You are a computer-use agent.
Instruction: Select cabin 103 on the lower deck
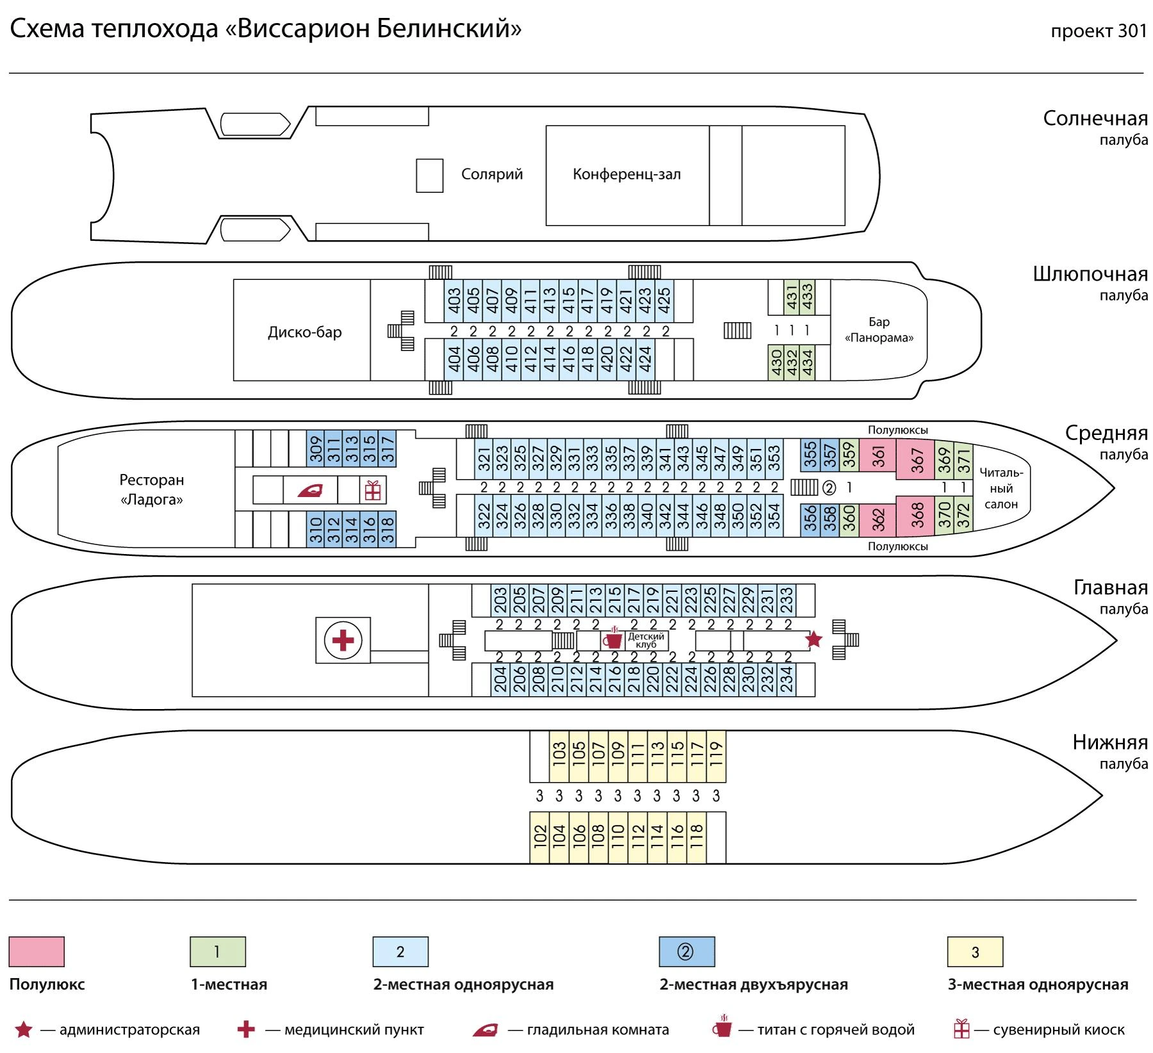point(559,756)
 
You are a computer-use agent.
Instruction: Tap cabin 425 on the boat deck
point(664,301)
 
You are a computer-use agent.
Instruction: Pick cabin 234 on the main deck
point(787,680)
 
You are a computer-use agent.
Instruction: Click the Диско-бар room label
point(305,332)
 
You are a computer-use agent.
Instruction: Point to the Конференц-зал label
point(626,174)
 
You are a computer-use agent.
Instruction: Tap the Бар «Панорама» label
point(879,330)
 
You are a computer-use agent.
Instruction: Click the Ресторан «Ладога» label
point(152,489)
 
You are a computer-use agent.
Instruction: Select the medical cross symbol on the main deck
point(343,640)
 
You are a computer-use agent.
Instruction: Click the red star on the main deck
point(814,639)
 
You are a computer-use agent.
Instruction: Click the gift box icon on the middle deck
point(373,490)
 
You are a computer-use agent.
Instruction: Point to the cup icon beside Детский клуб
point(613,639)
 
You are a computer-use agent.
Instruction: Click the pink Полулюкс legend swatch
point(37,951)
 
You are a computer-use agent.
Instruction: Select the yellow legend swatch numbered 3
point(975,951)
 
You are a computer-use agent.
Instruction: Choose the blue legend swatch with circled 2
point(687,951)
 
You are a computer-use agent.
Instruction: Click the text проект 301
point(1099,31)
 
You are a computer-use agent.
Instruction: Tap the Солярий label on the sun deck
point(492,174)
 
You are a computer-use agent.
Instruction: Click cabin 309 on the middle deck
point(316,448)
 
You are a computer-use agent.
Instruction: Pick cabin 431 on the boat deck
point(791,297)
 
